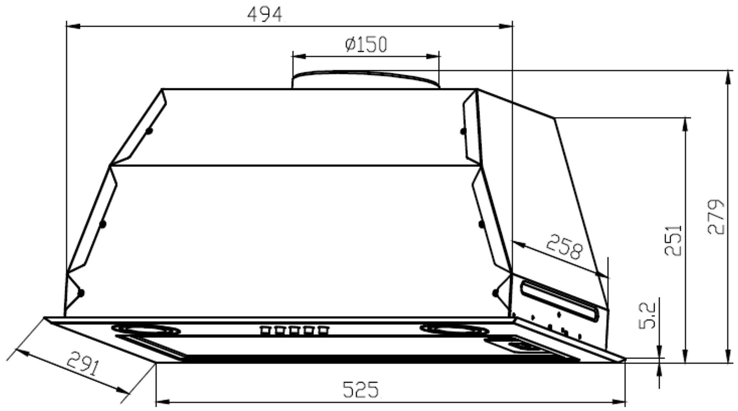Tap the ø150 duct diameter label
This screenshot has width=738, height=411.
coord(366,45)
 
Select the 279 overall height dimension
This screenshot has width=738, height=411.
coord(716,217)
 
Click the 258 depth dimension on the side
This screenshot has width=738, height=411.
coord(564,247)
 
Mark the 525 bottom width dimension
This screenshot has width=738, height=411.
coord(361,390)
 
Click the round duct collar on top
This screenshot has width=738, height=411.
coord(365,79)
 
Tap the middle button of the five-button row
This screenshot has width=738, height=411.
coord(294,330)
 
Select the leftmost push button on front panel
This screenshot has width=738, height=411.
coord(265,330)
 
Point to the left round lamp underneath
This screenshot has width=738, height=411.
coord(146,329)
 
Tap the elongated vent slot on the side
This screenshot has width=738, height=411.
coord(563,301)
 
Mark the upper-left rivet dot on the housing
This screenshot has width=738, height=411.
coord(149,131)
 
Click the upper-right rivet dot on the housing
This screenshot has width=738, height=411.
coord(463,131)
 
